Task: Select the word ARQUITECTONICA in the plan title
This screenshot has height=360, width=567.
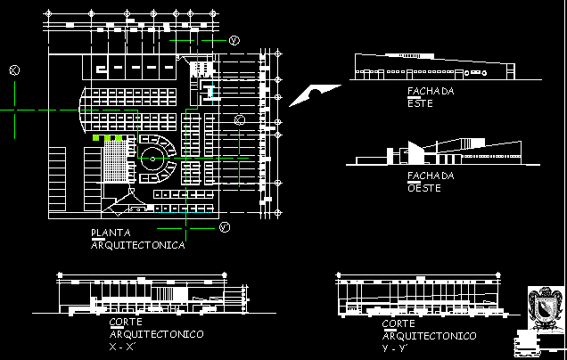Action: [x=138, y=245]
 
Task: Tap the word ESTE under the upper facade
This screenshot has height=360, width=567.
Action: [x=419, y=104]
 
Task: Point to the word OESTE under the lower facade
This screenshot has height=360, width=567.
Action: [x=424, y=188]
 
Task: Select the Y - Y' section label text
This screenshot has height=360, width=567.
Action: [x=394, y=347]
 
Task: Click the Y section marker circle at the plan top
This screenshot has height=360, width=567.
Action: [x=234, y=41]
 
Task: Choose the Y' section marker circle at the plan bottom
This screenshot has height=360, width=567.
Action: [x=225, y=228]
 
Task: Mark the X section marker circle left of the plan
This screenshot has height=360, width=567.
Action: [x=13, y=71]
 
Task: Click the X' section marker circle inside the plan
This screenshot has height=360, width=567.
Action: [x=239, y=119]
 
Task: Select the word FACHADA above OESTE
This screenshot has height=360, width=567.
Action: [x=430, y=176]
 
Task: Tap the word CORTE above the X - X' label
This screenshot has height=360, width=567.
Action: [x=125, y=323]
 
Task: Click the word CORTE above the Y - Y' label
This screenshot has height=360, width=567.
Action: [x=398, y=324]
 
